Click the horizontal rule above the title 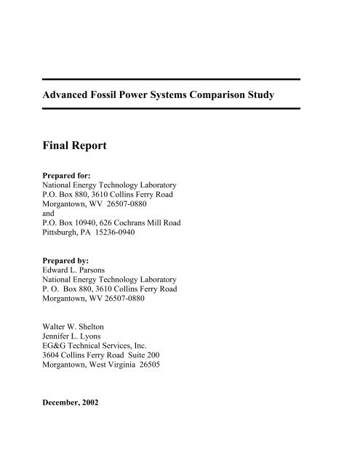click(183, 78)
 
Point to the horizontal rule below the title click(183, 108)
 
